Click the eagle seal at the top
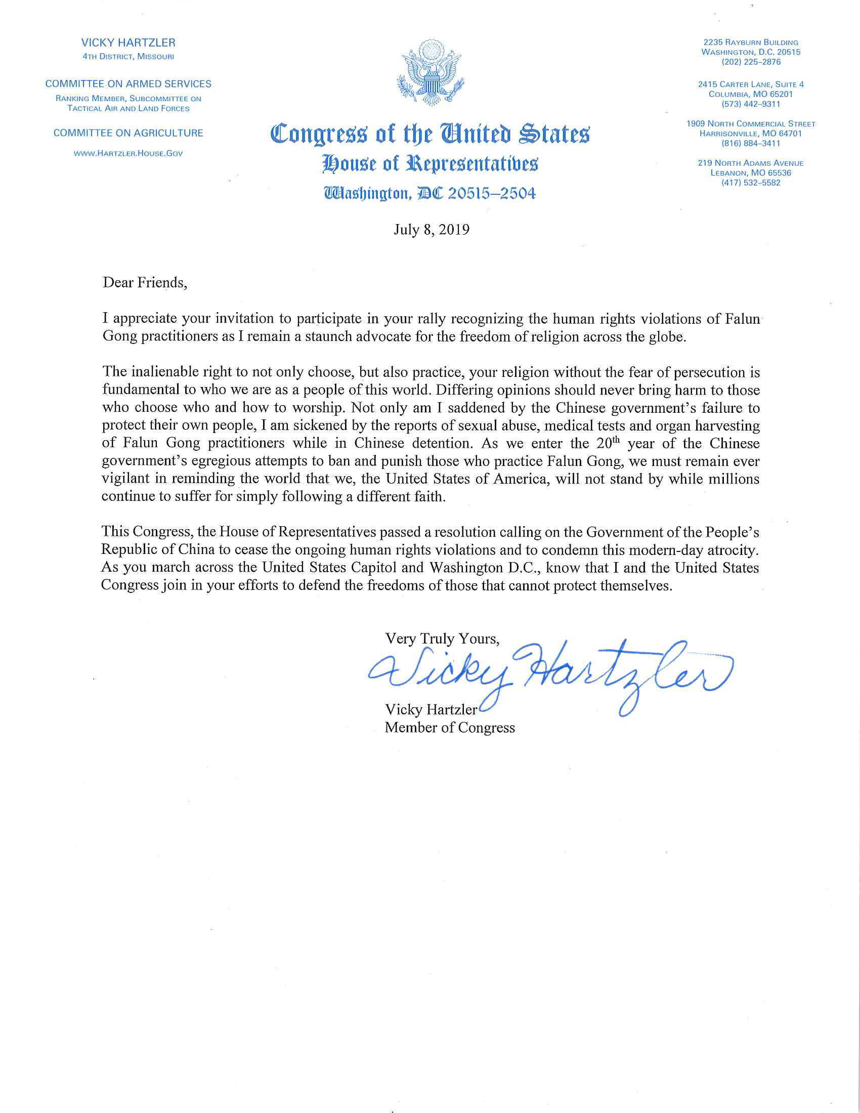431,72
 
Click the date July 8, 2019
431,230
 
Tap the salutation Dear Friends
145,282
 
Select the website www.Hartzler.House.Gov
128,153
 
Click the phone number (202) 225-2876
750,62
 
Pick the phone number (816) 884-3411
750,144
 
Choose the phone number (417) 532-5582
750,183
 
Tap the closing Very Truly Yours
442,638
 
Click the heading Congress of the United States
430,134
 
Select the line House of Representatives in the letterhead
430,164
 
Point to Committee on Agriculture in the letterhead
128,133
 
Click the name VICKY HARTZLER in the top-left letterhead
128,43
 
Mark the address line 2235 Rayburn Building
750,42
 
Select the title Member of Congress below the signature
449,727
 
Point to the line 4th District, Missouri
128,57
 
